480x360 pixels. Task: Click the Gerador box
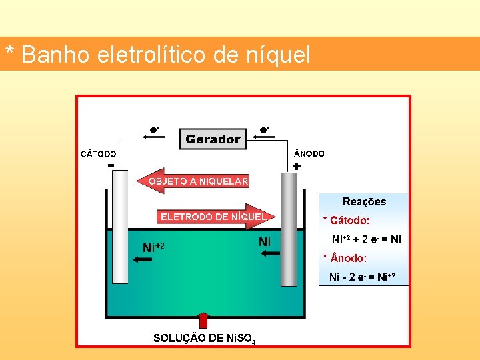(213, 139)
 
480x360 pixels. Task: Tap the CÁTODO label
(99, 154)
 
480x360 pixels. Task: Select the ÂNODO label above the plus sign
(309, 153)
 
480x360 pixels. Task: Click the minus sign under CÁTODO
(111, 165)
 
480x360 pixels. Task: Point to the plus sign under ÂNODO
(296, 166)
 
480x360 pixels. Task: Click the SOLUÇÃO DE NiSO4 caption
(203, 339)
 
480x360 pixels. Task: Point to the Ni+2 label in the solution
(153, 247)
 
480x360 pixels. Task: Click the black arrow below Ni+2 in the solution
(143, 261)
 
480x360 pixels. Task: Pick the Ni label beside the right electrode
(265, 242)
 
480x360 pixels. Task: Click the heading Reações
(364, 201)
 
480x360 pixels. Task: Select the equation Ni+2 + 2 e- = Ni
(367, 239)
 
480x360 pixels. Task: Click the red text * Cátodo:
(346, 220)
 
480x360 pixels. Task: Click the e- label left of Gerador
(154, 129)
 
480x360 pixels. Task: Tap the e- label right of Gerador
(265, 129)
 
